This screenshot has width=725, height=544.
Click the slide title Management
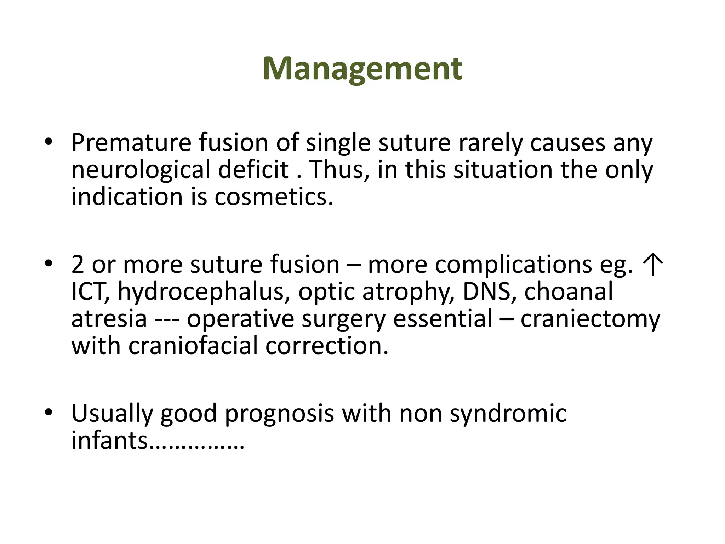coord(362,69)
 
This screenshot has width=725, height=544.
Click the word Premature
coord(131,143)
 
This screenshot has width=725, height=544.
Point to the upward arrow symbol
coord(652,265)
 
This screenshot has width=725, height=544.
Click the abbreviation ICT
coord(90,292)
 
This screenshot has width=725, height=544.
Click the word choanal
coord(568,292)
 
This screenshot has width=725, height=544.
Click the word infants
coord(109,441)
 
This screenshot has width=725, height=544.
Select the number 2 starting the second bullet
coord(78,265)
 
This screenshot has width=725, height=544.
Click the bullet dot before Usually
coord(48,413)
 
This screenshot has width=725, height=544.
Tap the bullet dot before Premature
coord(48,142)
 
